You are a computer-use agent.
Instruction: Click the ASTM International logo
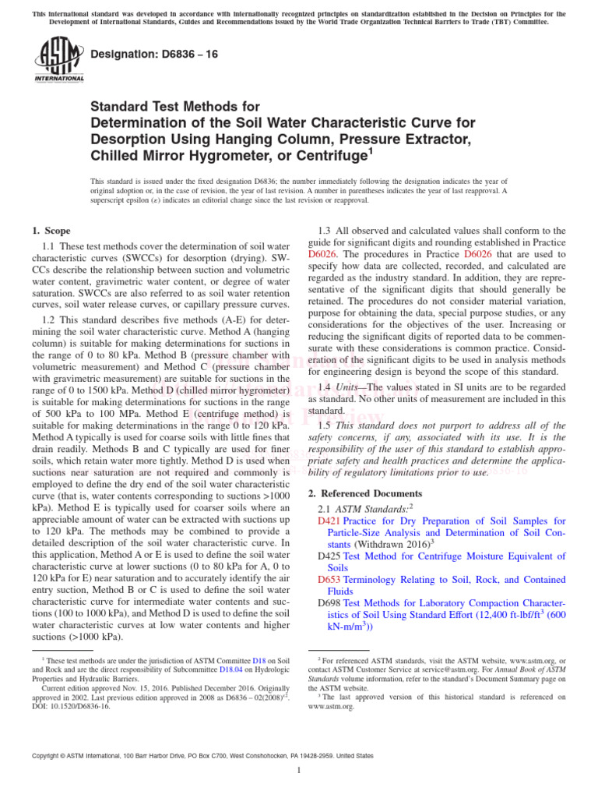59,62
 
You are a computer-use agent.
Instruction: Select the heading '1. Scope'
51,231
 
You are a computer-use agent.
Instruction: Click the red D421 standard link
329,521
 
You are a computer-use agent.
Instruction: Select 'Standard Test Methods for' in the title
175,106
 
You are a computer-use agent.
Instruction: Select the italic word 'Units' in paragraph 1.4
348,387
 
